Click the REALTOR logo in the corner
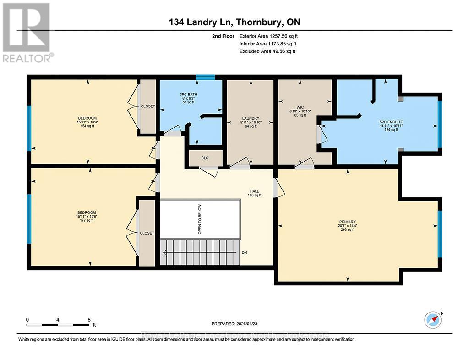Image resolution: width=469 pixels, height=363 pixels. [27, 33]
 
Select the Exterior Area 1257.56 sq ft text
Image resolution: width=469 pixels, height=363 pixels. [270, 36]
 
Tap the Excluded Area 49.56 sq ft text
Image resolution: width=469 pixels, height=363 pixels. [267, 51]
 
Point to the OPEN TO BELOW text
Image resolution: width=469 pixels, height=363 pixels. [200, 219]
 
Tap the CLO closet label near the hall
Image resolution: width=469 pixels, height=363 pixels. [205, 158]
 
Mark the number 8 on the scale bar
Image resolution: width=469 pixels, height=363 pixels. [89, 319]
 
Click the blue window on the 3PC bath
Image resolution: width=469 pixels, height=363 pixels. [202, 78]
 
